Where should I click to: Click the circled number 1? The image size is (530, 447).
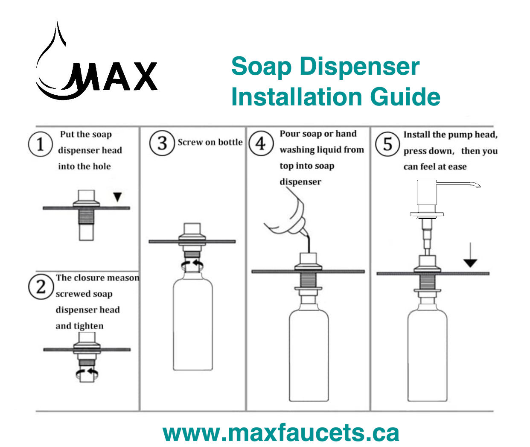(x=40, y=144)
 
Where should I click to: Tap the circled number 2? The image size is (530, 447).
(x=41, y=286)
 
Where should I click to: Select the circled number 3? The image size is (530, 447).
(x=162, y=143)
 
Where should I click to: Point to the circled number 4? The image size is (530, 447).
(x=261, y=143)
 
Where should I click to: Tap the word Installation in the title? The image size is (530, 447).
(x=297, y=97)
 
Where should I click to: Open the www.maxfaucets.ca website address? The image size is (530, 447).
(x=281, y=433)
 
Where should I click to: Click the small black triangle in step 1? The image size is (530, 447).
(x=117, y=197)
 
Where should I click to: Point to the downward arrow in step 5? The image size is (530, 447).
(x=470, y=256)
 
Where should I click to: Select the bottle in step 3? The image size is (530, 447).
(x=193, y=324)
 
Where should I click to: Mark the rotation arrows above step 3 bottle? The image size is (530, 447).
(x=192, y=264)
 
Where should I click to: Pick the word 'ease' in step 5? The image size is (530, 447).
(x=457, y=167)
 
